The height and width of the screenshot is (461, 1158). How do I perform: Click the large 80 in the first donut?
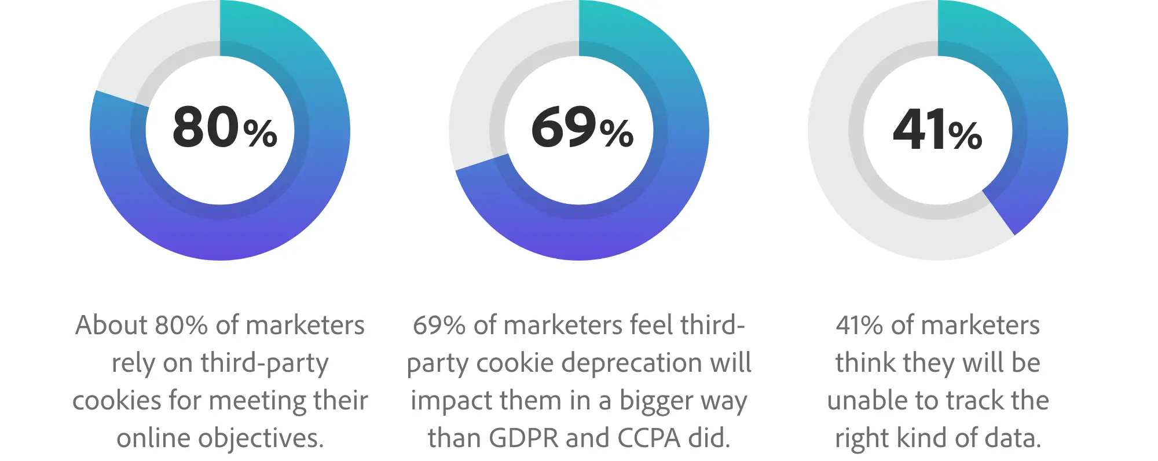(x=206, y=127)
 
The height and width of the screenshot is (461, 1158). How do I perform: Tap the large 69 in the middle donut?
(x=563, y=127)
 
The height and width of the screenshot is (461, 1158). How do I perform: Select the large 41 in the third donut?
(x=919, y=130)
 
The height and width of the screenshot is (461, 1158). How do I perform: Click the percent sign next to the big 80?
(x=260, y=133)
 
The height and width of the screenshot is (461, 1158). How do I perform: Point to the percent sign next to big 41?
(x=965, y=136)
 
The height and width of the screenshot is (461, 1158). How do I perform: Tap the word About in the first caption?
(x=111, y=325)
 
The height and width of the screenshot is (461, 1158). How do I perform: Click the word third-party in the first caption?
(x=265, y=364)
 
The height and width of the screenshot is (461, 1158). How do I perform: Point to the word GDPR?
(x=524, y=438)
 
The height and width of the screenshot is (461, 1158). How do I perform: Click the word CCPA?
(x=648, y=438)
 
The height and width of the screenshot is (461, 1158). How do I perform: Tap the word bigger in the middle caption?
(x=657, y=401)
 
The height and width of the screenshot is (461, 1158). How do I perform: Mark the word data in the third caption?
(x=1011, y=438)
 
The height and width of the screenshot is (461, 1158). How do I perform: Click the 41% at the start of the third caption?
(x=860, y=325)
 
